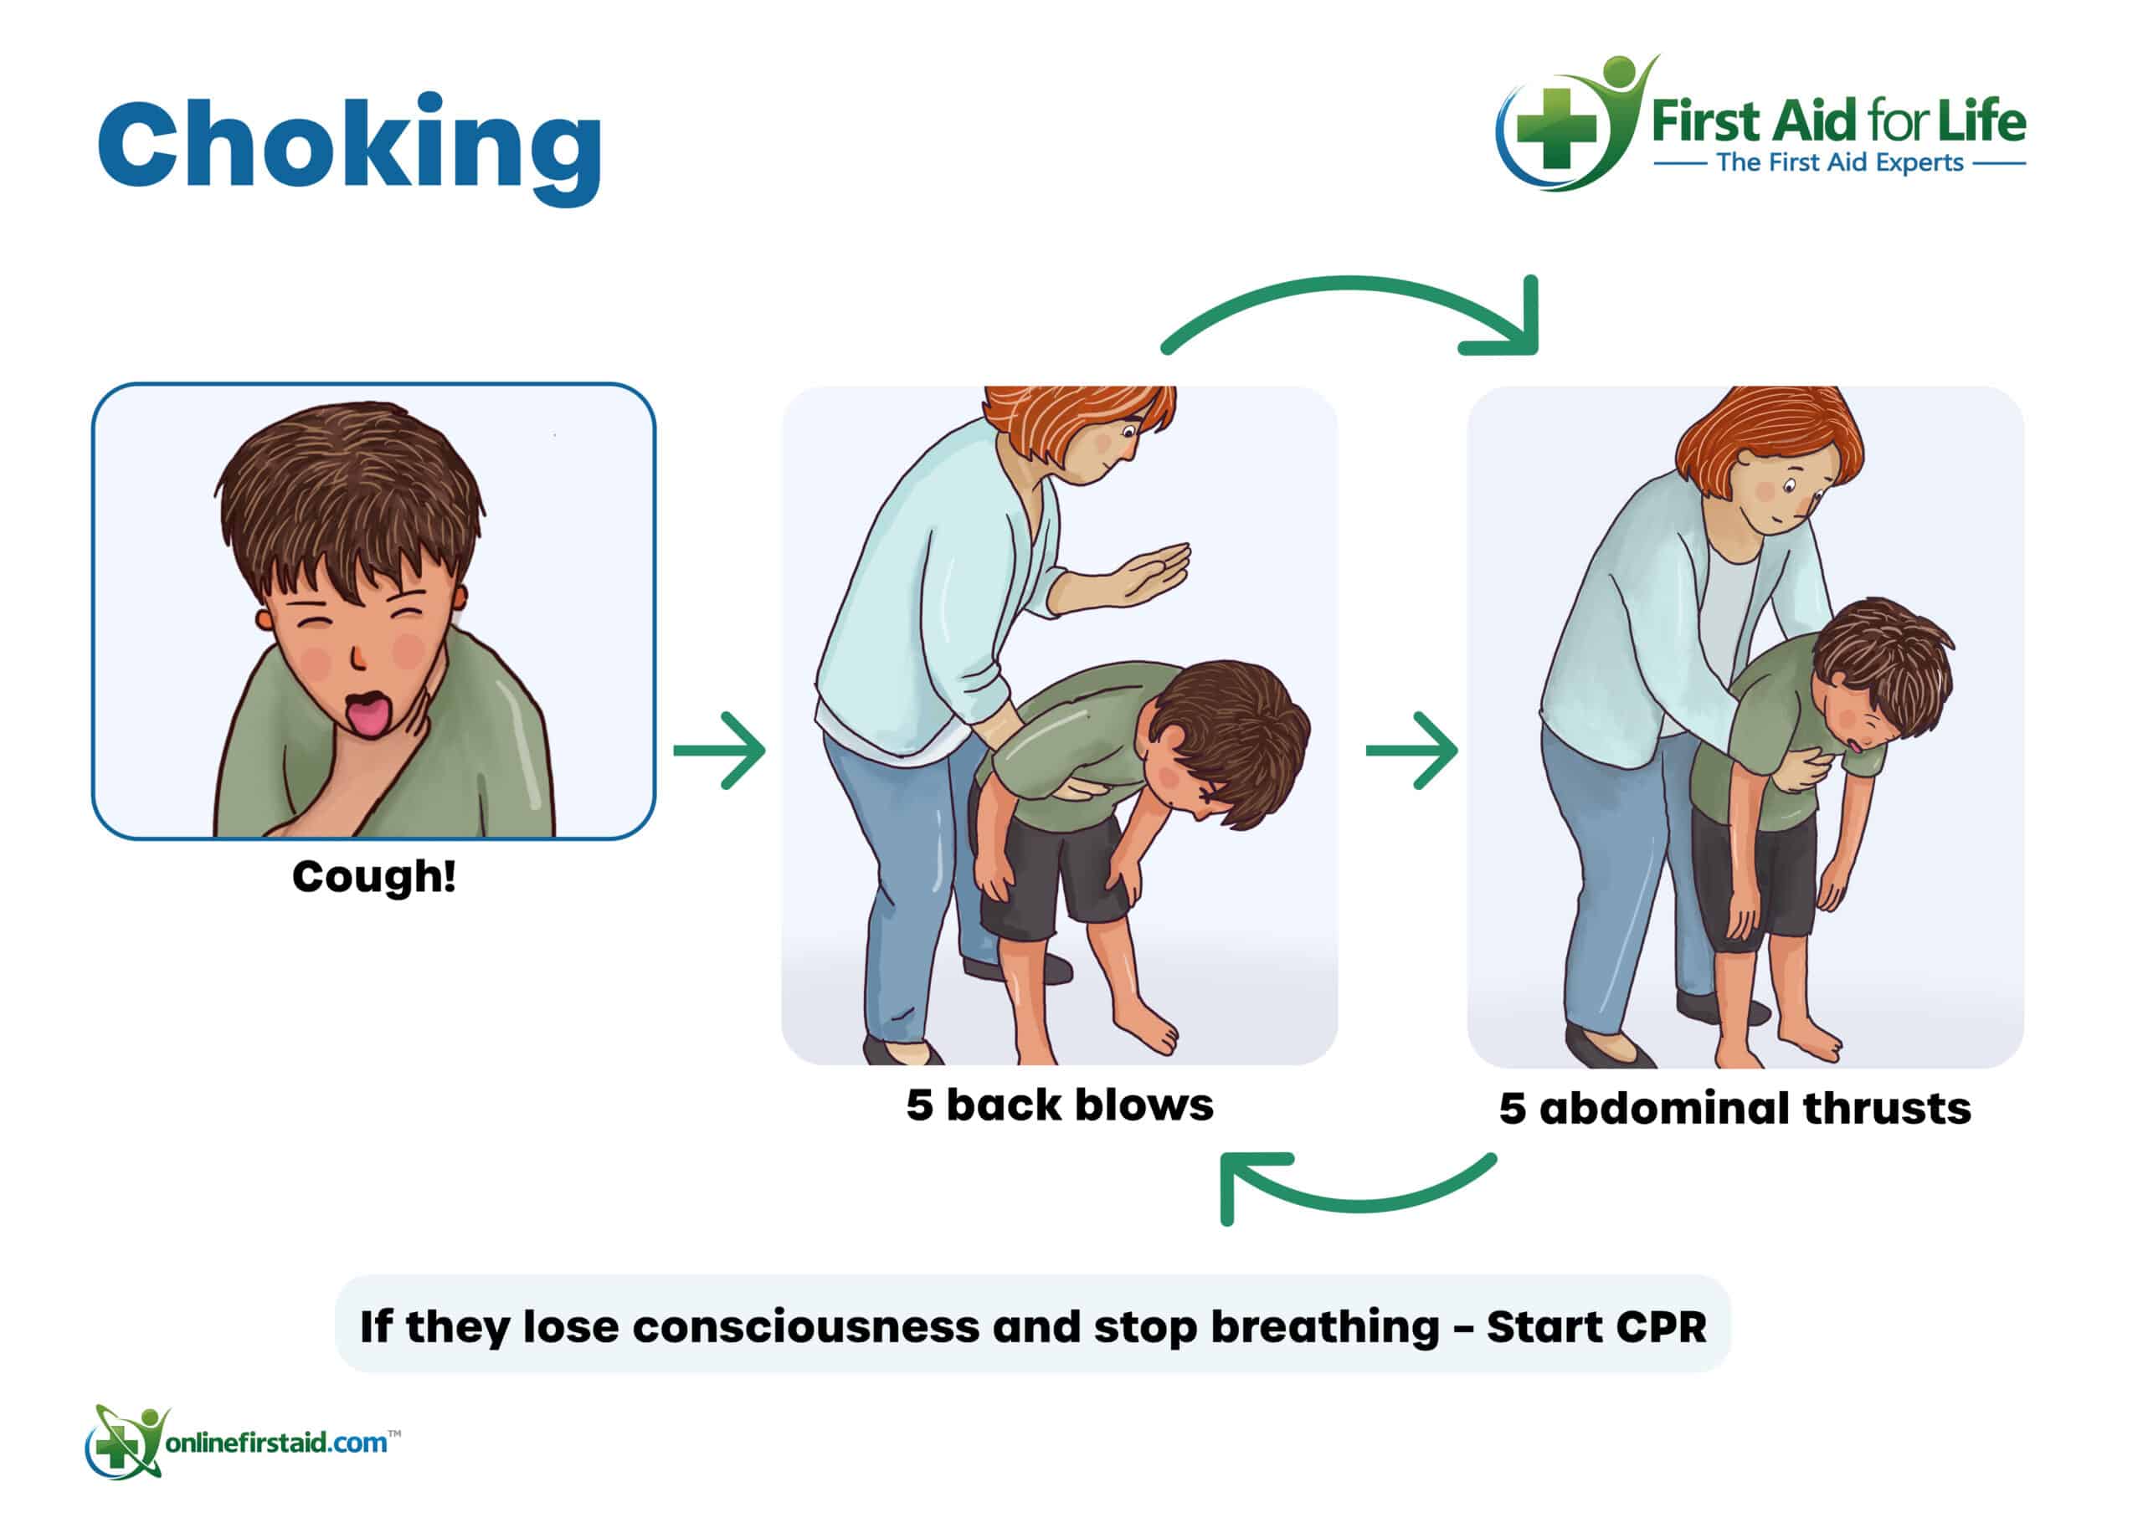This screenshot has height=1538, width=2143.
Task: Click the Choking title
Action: coord(350,148)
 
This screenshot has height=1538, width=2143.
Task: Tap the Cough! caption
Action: coord(374,877)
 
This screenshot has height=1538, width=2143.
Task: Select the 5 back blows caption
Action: coord(1059,1105)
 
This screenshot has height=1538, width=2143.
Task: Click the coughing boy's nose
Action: coord(358,656)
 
